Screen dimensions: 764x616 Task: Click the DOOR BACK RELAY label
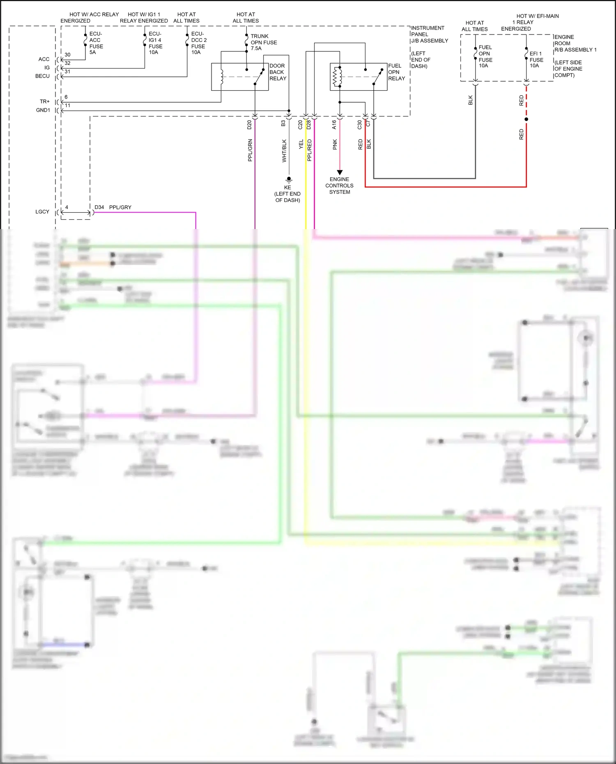click(x=278, y=72)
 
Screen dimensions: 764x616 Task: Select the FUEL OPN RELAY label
click(x=396, y=72)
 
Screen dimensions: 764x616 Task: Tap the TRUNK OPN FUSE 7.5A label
click(x=263, y=42)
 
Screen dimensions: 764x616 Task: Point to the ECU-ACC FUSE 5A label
click(x=96, y=43)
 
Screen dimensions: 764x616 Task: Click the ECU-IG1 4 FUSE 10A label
click(x=155, y=43)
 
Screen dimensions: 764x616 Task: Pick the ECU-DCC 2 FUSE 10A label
click(x=199, y=43)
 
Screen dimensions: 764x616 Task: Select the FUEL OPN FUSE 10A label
click(x=485, y=57)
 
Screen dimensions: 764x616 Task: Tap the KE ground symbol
click(x=289, y=180)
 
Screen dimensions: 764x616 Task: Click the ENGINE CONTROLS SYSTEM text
click(x=339, y=186)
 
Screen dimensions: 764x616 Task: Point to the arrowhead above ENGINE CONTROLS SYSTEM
click(x=340, y=172)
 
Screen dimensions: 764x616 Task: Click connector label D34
click(x=99, y=207)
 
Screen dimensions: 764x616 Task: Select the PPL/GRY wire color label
click(x=120, y=207)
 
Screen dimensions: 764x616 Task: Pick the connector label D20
click(x=249, y=125)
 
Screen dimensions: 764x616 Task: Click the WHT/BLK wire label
click(x=284, y=151)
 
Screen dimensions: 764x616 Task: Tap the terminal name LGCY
click(x=42, y=212)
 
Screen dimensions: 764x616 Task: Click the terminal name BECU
click(x=42, y=76)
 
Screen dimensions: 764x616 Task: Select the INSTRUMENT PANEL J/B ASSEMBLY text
click(x=429, y=34)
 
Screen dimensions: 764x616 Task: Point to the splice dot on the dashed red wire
click(x=526, y=119)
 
